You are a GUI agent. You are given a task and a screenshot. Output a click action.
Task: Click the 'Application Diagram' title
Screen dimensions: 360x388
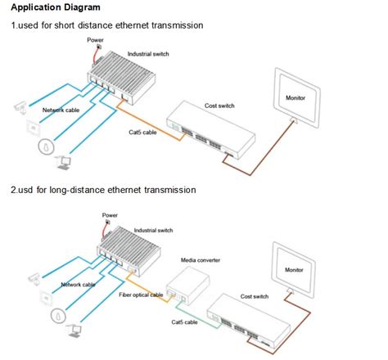(55, 9)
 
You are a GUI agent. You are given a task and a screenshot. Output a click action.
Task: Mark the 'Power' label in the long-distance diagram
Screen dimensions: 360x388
(110, 215)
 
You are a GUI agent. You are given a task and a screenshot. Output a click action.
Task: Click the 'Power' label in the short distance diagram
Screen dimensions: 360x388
(95, 40)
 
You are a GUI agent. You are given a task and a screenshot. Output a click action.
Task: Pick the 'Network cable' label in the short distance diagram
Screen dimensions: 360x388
(50, 109)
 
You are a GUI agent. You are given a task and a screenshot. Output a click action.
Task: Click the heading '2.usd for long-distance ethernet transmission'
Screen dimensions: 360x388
(103, 190)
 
